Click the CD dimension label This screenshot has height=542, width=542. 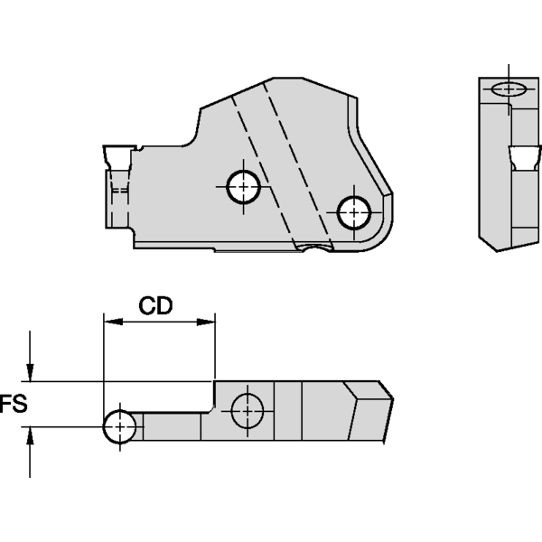pyautogui.click(x=155, y=305)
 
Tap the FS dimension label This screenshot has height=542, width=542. pyautogui.click(x=13, y=403)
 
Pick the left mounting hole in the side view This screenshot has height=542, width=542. pyautogui.click(x=243, y=188)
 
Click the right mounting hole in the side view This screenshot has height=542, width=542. pyautogui.click(x=354, y=212)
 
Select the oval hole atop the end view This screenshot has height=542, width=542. pyautogui.click(x=511, y=89)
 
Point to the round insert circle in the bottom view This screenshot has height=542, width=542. pyautogui.click(x=120, y=426)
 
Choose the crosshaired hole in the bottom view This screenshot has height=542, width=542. pyautogui.click(x=248, y=410)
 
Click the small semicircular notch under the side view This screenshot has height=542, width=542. pyautogui.click(x=315, y=247)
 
